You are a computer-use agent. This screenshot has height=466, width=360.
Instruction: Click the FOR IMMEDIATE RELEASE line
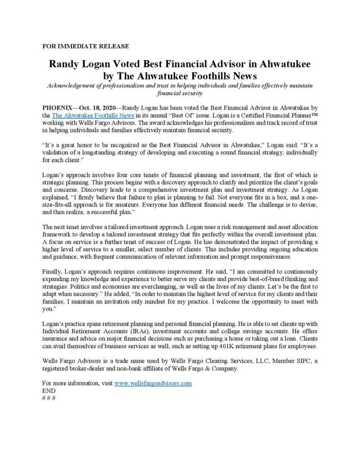85,46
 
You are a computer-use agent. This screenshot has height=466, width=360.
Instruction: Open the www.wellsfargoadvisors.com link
153,383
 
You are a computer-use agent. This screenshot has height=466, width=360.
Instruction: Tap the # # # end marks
49,398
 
